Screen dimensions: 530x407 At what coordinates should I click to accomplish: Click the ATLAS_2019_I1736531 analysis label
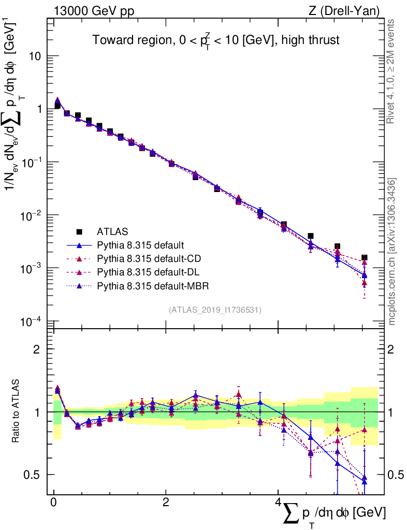point(215,310)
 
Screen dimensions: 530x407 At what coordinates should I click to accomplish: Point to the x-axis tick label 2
point(165,503)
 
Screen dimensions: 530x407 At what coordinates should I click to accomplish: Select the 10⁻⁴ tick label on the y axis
point(31,321)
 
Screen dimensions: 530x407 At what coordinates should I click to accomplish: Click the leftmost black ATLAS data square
point(57,106)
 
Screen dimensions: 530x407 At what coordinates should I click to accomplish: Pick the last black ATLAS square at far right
point(365,257)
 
